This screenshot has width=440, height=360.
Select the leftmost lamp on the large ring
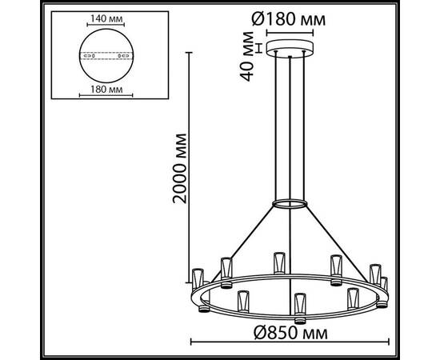pyautogui.click(x=197, y=278)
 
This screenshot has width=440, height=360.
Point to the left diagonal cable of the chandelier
pyautogui.click(x=245, y=240)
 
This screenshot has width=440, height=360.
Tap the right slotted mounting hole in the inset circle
pyautogui.click(x=122, y=56)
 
